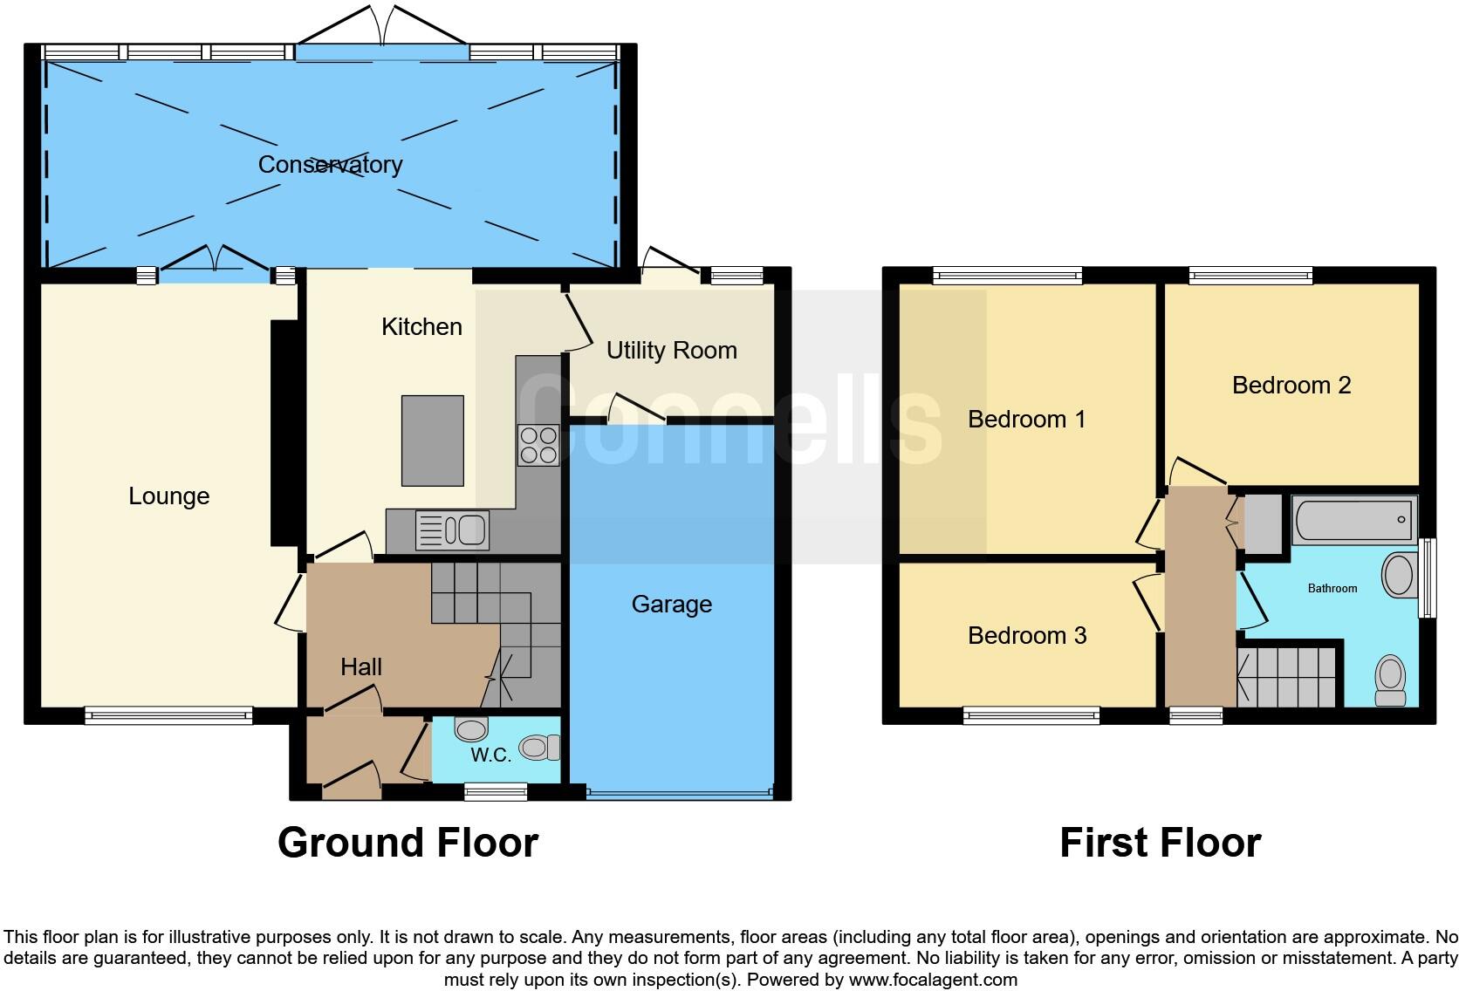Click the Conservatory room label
point(330,164)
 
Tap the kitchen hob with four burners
point(538,445)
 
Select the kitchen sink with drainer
point(453,530)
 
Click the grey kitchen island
point(432,441)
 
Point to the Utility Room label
point(671,350)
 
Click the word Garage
point(671,604)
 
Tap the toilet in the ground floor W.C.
point(539,748)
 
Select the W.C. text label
point(490,755)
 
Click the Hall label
point(361,666)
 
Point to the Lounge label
point(168,495)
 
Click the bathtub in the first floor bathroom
point(1354,520)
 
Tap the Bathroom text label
point(1332,588)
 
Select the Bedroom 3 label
point(1027,635)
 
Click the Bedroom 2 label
point(1291,385)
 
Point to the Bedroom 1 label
point(1026,419)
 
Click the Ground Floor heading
point(408,843)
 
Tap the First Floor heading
point(1160,843)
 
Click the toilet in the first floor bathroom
point(1390,680)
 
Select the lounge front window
point(168,716)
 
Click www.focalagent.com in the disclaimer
point(933,979)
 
